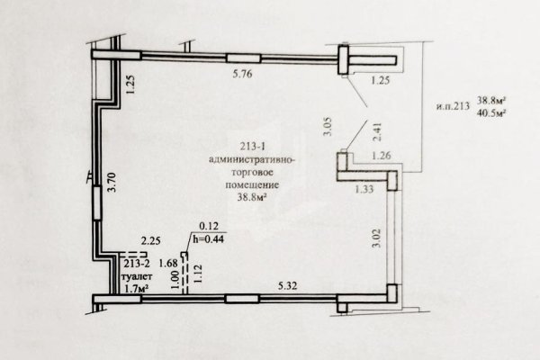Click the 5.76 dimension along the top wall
click(242, 74)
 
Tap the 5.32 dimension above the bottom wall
click(288, 285)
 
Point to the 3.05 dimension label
click(328, 127)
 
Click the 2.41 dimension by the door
click(377, 132)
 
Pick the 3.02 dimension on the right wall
click(377, 238)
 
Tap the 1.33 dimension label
click(364, 189)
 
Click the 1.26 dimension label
click(382, 156)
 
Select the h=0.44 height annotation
click(208, 238)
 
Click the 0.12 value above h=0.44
click(209, 226)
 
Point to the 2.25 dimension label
click(151, 240)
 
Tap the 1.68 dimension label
click(168, 264)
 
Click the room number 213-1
click(252, 147)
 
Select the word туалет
click(137, 276)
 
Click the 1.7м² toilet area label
click(136, 288)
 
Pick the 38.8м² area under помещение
click(252, 197)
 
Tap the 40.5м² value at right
click(491, 112)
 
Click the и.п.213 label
click(454, 106)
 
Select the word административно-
click(252, 160)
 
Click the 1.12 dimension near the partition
click(197, 274)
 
